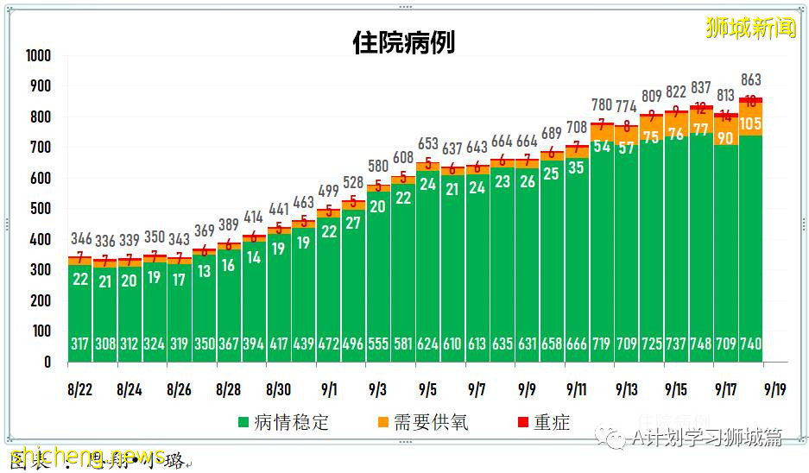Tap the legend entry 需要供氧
[x=422, y=422]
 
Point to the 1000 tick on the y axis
[x=38, y=56]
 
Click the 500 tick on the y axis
[x=41, y=209]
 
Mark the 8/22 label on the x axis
[x=79, y=389]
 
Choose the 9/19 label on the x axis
[x=774, y=389]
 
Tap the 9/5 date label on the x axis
[x=427, y=389]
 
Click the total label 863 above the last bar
[x=750, y=80]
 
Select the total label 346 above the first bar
[x=80, y=237]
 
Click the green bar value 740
[x=750, y=344]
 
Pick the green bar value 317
[x=80, y=344]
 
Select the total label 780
[x=601, y=105]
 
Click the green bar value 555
[x=377, y=344]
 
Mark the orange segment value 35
[x=577, y=167]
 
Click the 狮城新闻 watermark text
[x=749, y=28]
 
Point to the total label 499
[x=327, y=191]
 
